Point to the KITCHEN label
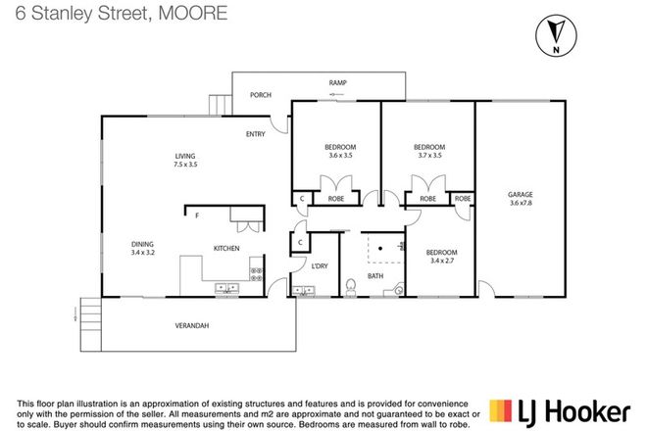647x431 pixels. pos(226,249)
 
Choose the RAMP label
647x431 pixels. pos(337,83)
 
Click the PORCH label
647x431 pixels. pos(261,95)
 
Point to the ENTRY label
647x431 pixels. pos(257,136)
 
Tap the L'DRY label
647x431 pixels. pos(319,266)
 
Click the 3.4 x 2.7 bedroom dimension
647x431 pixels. pos(443,261)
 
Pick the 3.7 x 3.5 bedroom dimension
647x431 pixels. pos(429,155)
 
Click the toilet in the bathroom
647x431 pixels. pos(351,286)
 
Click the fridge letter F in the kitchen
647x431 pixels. pos(197,215)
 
